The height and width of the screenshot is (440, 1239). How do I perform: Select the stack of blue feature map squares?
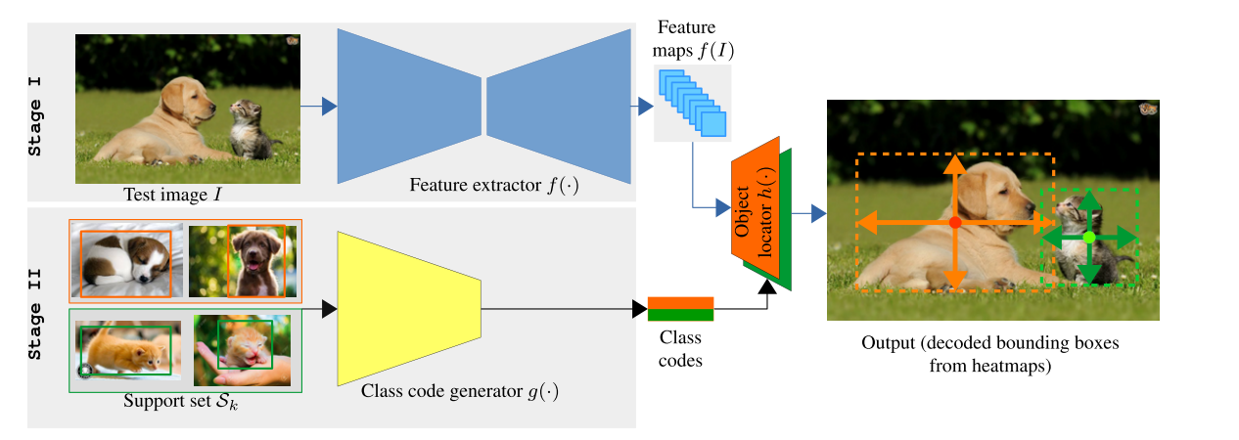[693, 102]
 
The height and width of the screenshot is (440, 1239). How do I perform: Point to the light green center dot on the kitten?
[1088, 238]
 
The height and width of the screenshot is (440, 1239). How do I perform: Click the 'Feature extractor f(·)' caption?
[494, 185]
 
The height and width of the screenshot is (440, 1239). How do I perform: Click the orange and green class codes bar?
[680, 309]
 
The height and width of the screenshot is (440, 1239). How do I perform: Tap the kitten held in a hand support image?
[242, 350]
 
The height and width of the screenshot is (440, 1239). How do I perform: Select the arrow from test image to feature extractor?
[318, 105]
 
